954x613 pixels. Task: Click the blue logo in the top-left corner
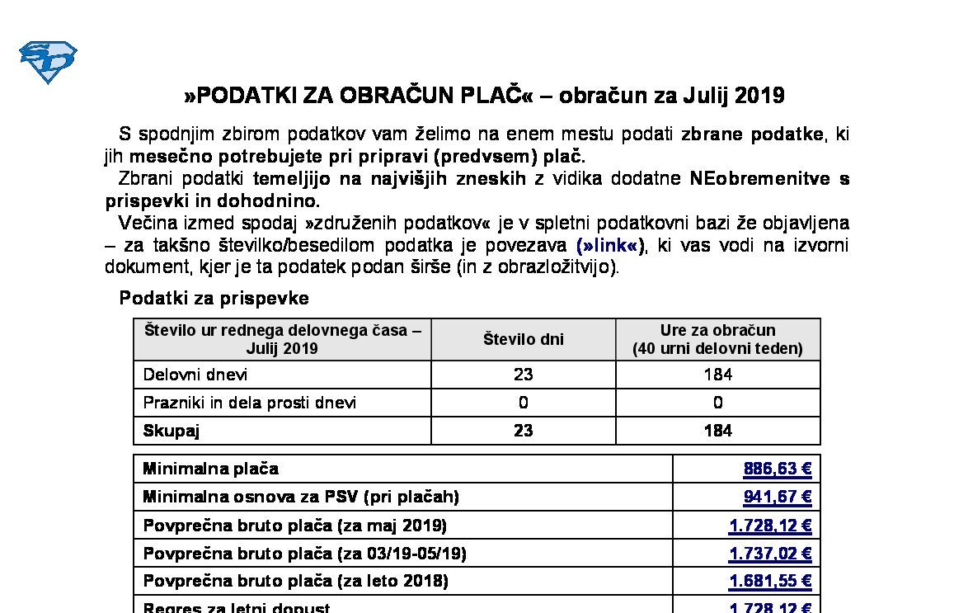point(48,62)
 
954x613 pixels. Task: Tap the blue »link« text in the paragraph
point(610,245)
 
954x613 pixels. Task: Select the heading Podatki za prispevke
point(214,298)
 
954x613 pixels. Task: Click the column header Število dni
point(523,339)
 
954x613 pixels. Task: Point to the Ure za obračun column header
point(717,339)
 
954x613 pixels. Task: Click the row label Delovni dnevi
point(195,375)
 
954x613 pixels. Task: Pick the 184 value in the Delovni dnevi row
point(717,375)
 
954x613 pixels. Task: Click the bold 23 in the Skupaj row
point(523,431)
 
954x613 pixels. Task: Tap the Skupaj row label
point(172,431)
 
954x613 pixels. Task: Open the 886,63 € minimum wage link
point(778,469)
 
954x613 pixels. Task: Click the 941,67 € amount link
point(778,497)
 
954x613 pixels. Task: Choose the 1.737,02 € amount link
point(770,554)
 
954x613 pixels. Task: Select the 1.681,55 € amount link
point(770,582)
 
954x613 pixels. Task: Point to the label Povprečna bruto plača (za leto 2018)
point(295,582)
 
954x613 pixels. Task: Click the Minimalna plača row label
point(211,469)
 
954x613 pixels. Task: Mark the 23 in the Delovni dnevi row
point(523,375)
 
